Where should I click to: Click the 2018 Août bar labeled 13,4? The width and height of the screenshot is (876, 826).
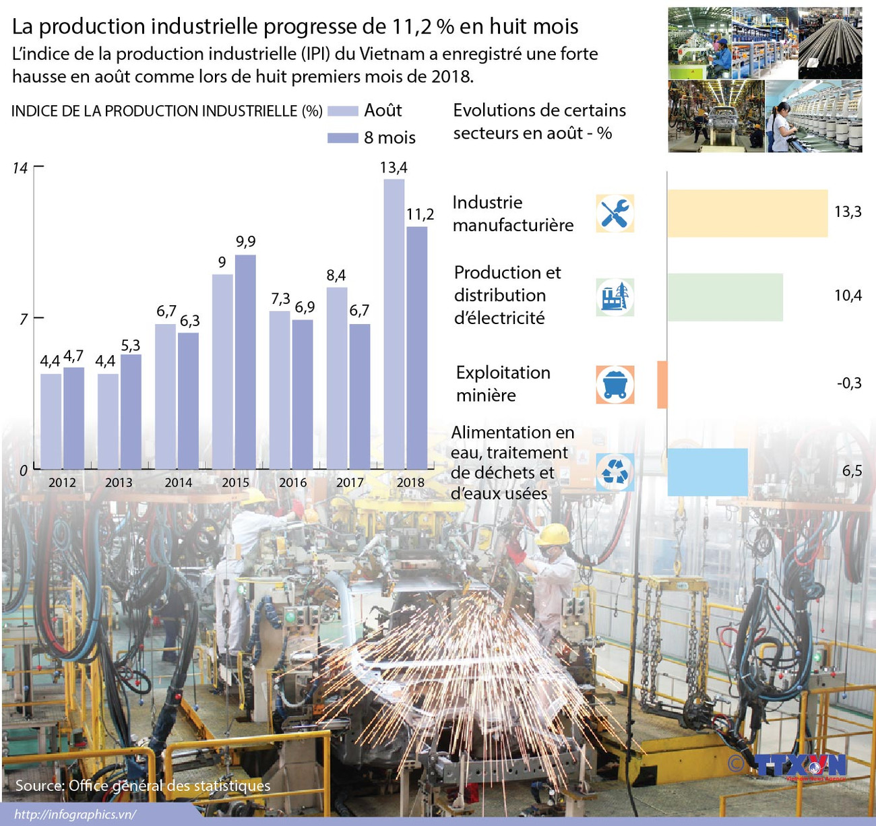(x=394, y=323)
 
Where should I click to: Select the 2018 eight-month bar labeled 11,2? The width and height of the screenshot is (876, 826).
(x=417, y=347)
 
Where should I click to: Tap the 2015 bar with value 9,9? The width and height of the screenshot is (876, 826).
(x=245, y=361)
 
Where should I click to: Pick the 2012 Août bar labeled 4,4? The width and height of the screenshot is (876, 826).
(x=51, y=420)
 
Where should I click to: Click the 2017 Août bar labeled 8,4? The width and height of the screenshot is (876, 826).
(x=337, y=377)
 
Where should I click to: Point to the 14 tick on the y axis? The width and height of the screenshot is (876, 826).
(x=21, y=168)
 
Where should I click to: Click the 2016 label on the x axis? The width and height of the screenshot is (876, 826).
(x=292, y=482)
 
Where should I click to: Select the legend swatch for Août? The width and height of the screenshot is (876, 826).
(x=342, y=111)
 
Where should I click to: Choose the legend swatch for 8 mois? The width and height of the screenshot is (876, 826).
(x=342, y=138)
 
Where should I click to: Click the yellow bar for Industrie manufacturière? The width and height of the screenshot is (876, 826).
(x=747, y=214)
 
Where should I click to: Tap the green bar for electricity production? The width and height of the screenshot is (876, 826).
(x=725, y=297)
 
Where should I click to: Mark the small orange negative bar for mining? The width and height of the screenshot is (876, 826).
(x=662, y=385)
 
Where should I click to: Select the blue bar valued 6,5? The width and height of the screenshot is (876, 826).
(x=708, y=472)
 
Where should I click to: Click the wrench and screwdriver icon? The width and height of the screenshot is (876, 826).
(x=615, y=214)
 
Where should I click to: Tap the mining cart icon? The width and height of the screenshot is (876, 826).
(x=615, y=385)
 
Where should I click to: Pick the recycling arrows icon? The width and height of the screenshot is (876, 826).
(x=615, y=472)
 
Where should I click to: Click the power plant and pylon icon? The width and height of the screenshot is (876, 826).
(x=615, y=297)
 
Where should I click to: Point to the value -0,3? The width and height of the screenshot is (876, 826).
(x=849, y=383)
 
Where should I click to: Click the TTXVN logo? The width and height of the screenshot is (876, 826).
(x=799, y=766)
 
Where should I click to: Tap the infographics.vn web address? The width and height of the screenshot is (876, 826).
(x=75, y=815)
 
